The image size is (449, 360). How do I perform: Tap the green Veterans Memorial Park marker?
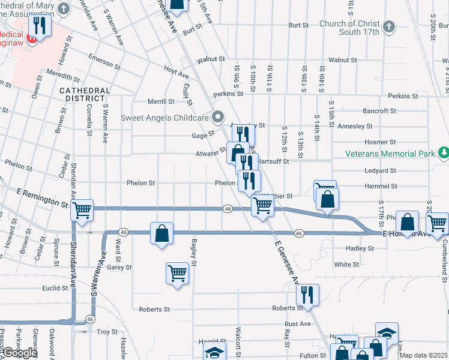443,154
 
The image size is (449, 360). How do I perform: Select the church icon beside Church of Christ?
389,27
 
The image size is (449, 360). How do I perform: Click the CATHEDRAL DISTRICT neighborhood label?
85,94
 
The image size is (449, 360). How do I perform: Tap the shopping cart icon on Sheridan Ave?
82,210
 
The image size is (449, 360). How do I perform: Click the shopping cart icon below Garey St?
178,273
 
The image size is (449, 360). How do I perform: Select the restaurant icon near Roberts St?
307,294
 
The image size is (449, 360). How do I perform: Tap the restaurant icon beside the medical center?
40,25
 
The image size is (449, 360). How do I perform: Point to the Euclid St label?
55,288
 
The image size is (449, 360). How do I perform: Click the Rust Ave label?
298,323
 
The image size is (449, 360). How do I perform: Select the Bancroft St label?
379,111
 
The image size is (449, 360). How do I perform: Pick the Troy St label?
107,331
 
